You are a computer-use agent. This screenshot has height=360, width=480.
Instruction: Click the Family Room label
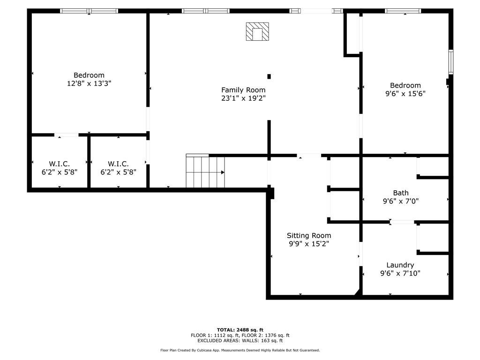tap(243, 90)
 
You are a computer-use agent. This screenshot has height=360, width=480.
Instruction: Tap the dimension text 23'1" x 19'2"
tap(243, 98)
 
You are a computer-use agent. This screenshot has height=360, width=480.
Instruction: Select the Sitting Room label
tap(309, 235)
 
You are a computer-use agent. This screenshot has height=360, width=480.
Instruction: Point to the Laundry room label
tap(400, 265)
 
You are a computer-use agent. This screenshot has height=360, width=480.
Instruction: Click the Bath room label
tap(400, 193)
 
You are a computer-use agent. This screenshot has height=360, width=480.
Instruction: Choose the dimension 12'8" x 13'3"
tap(89, 83)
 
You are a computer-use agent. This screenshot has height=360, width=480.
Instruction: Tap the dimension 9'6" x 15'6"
tap(405, 94)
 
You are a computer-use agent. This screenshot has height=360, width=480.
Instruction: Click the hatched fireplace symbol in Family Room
tap(257, 32)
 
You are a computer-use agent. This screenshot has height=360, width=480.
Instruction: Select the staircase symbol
tap(205, 172)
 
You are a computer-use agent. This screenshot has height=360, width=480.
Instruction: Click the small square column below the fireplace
tap(269, 76)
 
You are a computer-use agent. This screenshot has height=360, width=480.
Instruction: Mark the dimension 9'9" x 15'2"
tap(309, 244)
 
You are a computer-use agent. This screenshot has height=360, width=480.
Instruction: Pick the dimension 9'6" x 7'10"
tap(400, 273)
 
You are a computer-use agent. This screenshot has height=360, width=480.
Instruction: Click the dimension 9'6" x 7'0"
tap(400, 201)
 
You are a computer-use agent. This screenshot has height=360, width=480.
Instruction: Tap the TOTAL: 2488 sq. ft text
tap(240, 330)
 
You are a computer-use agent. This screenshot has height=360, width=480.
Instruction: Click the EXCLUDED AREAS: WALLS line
tap(240, 341)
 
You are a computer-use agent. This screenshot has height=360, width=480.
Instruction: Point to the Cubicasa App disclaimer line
tap(240, 350)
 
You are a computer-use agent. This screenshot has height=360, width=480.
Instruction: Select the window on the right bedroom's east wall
tap(450, 62)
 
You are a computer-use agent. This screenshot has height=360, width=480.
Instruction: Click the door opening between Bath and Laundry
tap(402, 222)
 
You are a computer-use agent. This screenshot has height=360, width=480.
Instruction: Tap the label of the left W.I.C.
tap(59, 164)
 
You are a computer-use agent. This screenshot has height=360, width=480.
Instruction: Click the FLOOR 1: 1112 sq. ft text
tap(214, 335)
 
